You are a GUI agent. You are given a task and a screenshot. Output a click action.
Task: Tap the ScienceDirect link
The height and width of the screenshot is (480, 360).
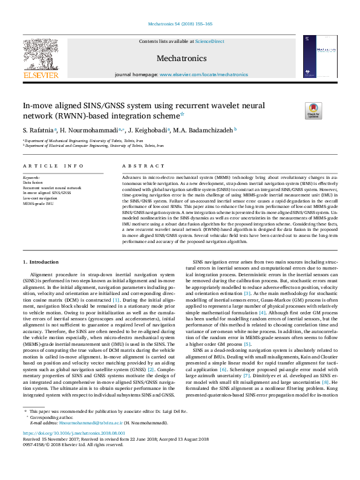tap(209, 41)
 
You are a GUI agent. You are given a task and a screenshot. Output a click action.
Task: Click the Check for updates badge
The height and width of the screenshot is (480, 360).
tap(313, 111)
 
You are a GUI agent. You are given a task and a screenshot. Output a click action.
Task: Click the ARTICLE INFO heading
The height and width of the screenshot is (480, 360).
tap(53, 165)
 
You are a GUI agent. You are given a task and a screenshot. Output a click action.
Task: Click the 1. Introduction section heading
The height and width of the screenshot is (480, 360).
tap(41, 262)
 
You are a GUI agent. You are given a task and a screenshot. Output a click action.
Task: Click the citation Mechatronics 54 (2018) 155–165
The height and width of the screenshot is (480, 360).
tap(180, 24)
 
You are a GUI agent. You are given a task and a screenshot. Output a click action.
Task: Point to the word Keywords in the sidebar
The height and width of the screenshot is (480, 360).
tap(30, 177)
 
